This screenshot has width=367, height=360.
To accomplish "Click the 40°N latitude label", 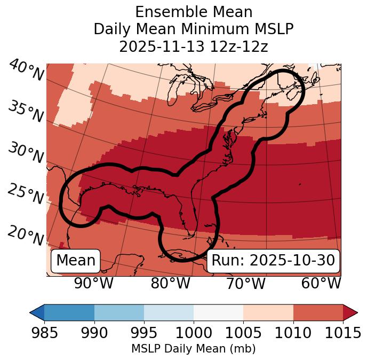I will point(26,71).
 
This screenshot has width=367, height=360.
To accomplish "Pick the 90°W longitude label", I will point(93,283).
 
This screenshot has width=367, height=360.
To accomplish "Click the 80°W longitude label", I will point(170,283).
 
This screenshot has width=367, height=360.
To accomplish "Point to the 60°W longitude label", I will point(321,283).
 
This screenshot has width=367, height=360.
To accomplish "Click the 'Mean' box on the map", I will point(76,261).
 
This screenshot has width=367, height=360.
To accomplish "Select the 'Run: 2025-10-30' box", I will point(273,261).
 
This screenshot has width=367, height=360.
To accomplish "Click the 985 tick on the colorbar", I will point(45,333).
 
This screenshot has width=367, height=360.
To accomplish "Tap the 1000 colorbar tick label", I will point(194,333).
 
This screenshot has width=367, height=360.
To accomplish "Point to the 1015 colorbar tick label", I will point(343,333).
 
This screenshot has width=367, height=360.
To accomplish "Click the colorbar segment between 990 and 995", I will point(119,312).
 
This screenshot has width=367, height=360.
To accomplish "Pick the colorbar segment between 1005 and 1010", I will point(268,312).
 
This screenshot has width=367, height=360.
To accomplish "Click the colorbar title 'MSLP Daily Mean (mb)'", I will point(193,349).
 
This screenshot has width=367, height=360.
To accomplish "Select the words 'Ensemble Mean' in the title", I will point(193,12).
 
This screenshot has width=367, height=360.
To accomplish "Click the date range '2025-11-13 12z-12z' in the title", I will point(193,46).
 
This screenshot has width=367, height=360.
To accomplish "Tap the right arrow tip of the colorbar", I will point(355,312).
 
